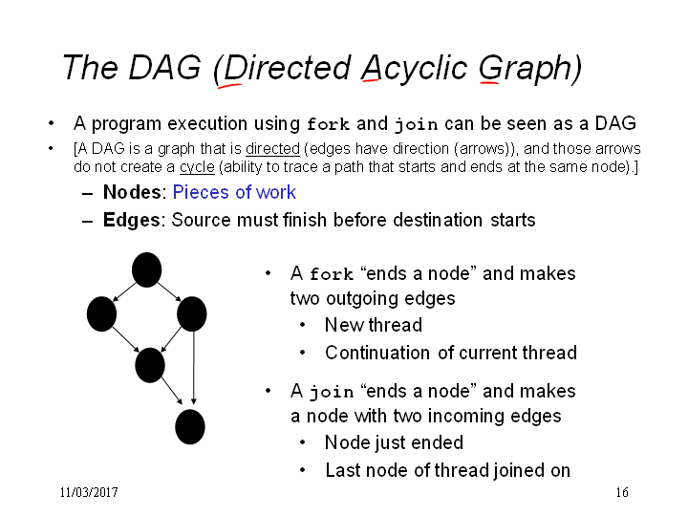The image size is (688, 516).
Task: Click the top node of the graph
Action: (146, 269)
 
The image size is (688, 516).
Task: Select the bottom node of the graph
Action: (190, 427)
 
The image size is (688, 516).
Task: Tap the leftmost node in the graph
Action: (102, 313)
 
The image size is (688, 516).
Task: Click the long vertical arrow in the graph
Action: (193, 367)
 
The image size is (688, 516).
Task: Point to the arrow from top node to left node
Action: (125, 291)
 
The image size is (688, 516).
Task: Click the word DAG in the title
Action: (164, 68)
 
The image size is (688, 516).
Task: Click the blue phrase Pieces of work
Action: (234, 192)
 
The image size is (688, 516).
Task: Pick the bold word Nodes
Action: (132, 192)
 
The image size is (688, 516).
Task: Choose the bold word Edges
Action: (132, 220)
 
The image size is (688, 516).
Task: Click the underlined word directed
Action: (272, 149)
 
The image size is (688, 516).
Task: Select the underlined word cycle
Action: (197, 167)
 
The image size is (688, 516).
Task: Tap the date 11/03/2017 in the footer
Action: (89, 492)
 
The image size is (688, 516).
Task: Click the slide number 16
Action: (622, 492)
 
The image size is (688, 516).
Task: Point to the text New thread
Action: (374, 325)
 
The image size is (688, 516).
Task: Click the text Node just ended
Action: (394, 442)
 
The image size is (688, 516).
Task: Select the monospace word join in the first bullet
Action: (416, 124)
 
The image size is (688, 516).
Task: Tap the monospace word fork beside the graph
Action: (332, 274)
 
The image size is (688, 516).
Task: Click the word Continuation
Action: (377, 353)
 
